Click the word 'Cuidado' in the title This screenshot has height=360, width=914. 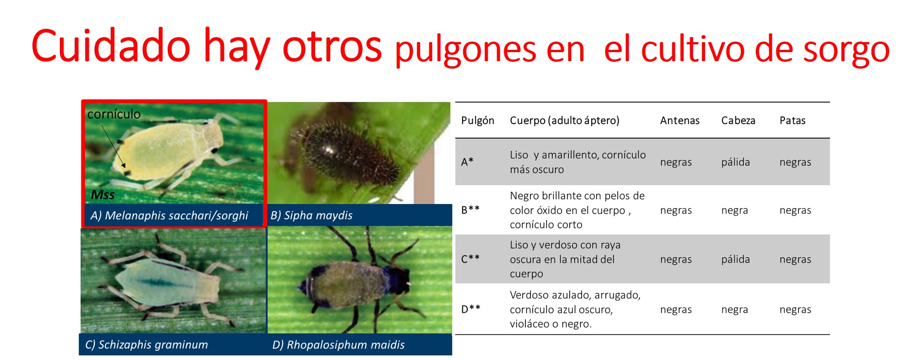(111, 46)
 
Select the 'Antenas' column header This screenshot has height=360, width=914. (679, 120)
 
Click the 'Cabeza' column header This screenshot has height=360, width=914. (738, 120)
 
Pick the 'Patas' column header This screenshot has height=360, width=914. (792, 120)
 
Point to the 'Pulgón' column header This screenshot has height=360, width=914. (477, 121)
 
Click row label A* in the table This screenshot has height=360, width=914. (467, 162)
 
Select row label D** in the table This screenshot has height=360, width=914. (470, 309)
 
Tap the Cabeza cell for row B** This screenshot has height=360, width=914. (734, 210)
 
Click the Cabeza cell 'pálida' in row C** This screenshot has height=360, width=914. (735, 259)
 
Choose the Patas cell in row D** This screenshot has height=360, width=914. (795, 310)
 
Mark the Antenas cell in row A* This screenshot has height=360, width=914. (676, 162)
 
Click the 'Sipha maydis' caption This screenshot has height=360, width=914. (311, 215)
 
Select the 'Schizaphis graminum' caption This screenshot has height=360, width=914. (146, 344)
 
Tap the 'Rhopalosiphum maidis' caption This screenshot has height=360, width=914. (338, 345)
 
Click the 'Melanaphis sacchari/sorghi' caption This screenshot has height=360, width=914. (169, 215)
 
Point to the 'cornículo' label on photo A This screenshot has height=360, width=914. (114, 114)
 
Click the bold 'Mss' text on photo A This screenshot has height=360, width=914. (102, 194)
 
